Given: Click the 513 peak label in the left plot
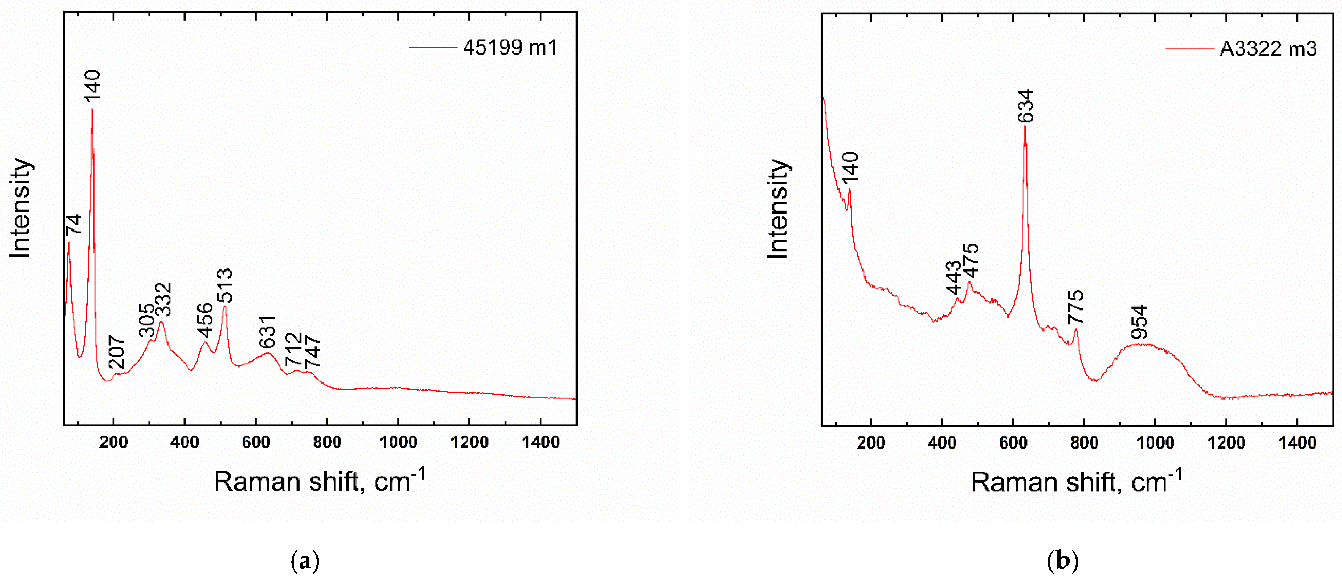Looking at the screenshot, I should point(225,285).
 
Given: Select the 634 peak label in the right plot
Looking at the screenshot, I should point(1025,106).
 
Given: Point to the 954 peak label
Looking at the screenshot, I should point(1140,322).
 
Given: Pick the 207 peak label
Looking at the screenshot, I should point(117,352).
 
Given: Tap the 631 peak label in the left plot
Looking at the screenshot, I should point(267,332).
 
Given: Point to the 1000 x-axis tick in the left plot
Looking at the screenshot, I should point(398,442).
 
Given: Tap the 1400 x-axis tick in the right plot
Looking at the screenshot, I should point(1297,443).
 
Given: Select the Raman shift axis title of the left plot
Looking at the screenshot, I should point(320,481).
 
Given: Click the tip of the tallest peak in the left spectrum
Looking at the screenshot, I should point(92,109).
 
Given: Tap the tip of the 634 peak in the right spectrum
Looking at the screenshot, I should point(1025,127).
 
